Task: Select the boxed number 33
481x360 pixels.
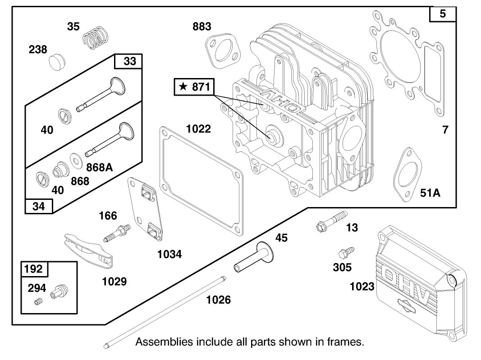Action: [x=129, y=61]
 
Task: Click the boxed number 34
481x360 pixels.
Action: [x=39, y=207]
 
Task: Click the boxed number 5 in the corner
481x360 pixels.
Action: [x=442, y=14]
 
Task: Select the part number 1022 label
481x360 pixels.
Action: [x=198, y=129]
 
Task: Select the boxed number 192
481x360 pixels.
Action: [x=34, y=269]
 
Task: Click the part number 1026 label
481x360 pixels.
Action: [x=219, y=299]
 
